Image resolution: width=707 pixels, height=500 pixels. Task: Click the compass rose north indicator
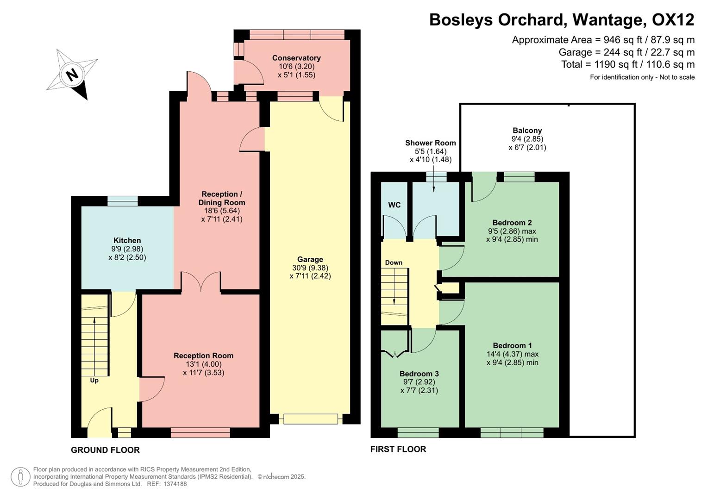72,75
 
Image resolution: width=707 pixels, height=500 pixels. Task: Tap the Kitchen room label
127,240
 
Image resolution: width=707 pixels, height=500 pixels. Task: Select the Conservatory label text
296,58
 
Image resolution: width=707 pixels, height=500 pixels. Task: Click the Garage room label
310,259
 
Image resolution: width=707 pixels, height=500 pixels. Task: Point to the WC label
394,205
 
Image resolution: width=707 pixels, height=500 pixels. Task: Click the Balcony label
527,131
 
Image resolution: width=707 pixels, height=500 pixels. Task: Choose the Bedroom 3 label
419,374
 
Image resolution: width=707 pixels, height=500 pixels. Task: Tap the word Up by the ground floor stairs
94,381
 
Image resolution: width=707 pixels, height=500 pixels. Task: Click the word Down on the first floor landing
394,262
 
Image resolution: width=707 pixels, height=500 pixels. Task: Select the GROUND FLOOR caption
105,450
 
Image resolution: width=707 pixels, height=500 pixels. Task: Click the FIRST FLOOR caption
398,449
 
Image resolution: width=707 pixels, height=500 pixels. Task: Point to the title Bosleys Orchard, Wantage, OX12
562,20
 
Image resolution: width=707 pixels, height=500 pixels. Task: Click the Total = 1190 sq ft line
628,64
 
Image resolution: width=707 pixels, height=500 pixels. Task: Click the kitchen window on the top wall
123,200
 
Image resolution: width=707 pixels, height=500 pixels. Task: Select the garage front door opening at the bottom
311,419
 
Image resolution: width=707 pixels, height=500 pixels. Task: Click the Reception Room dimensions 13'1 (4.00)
203,364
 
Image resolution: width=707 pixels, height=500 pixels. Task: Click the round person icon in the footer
20,477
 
